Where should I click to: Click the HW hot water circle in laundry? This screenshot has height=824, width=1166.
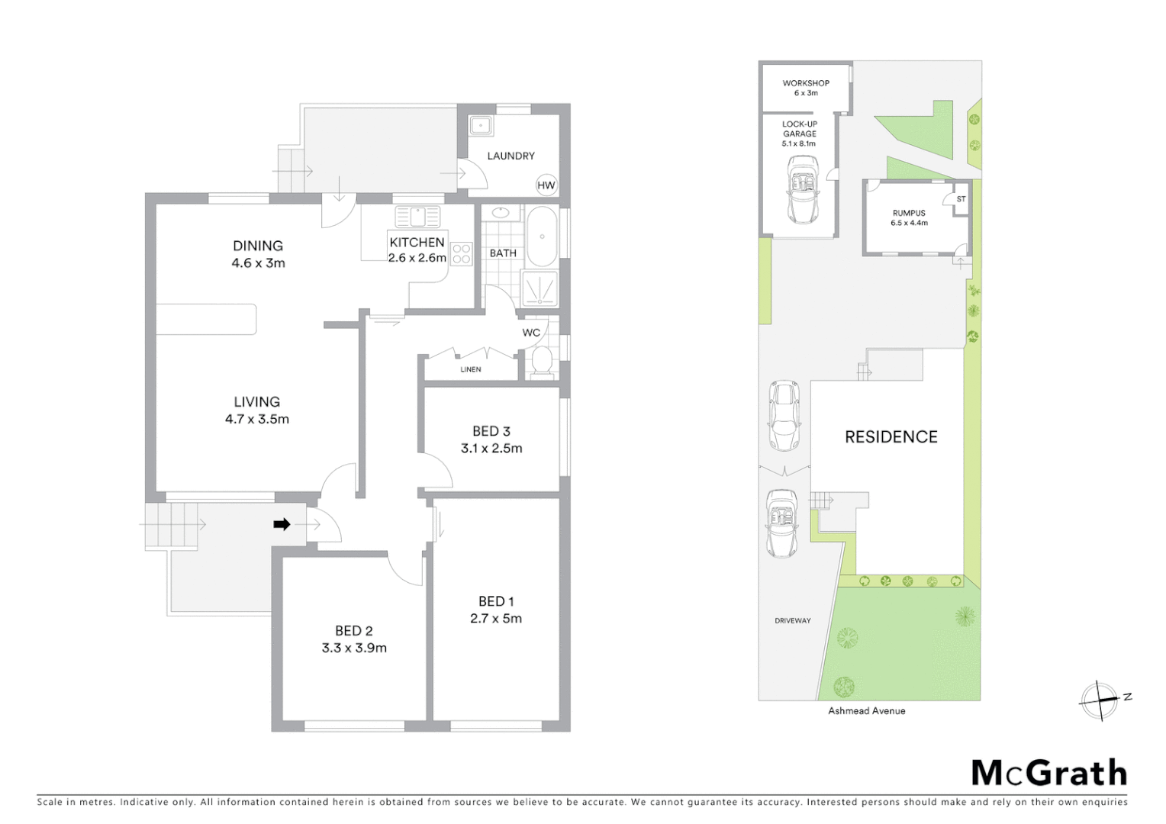pyautogui.click(x=546, y=185)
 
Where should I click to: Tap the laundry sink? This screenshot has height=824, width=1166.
pyautogui.click(x=481, y=126)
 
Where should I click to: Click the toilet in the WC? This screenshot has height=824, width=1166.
pyautogui.click(x=542, y=362)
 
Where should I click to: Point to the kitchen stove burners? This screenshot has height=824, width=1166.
pyautogui.click(x=461, y=253)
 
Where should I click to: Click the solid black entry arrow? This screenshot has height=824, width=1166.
pyautogui.click(x=282, y=524)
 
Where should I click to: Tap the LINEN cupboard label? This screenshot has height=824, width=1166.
pyautogui.click(x=471, y=369)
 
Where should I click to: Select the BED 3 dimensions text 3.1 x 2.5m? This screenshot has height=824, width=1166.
pyautogui.click(x=491, y=449)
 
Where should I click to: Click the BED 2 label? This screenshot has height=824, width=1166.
pyautogui.click(x=354, y=631)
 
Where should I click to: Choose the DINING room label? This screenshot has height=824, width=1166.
pyautogui.click(x=258, y=246)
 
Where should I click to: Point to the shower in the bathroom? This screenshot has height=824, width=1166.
pyautogui.click(x=540, y=289)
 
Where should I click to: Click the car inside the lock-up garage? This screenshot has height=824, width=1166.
pyautogui.click(x=801, y=189)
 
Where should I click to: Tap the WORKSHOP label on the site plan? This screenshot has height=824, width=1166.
pyautogui.click(x=806, y=83)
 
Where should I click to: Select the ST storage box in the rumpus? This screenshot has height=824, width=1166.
pyautogui.click(x=961, y=199)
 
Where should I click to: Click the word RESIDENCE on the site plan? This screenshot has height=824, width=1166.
pyautogui.click(x=891, y=437)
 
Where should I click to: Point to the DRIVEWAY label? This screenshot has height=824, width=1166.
pyautogui.click(x=793, y=621)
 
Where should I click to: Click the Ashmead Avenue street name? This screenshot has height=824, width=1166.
pyautogui.click(x=867, y=711)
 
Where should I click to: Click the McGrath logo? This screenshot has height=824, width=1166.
pyautogui.click(x=1048, y=773)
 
